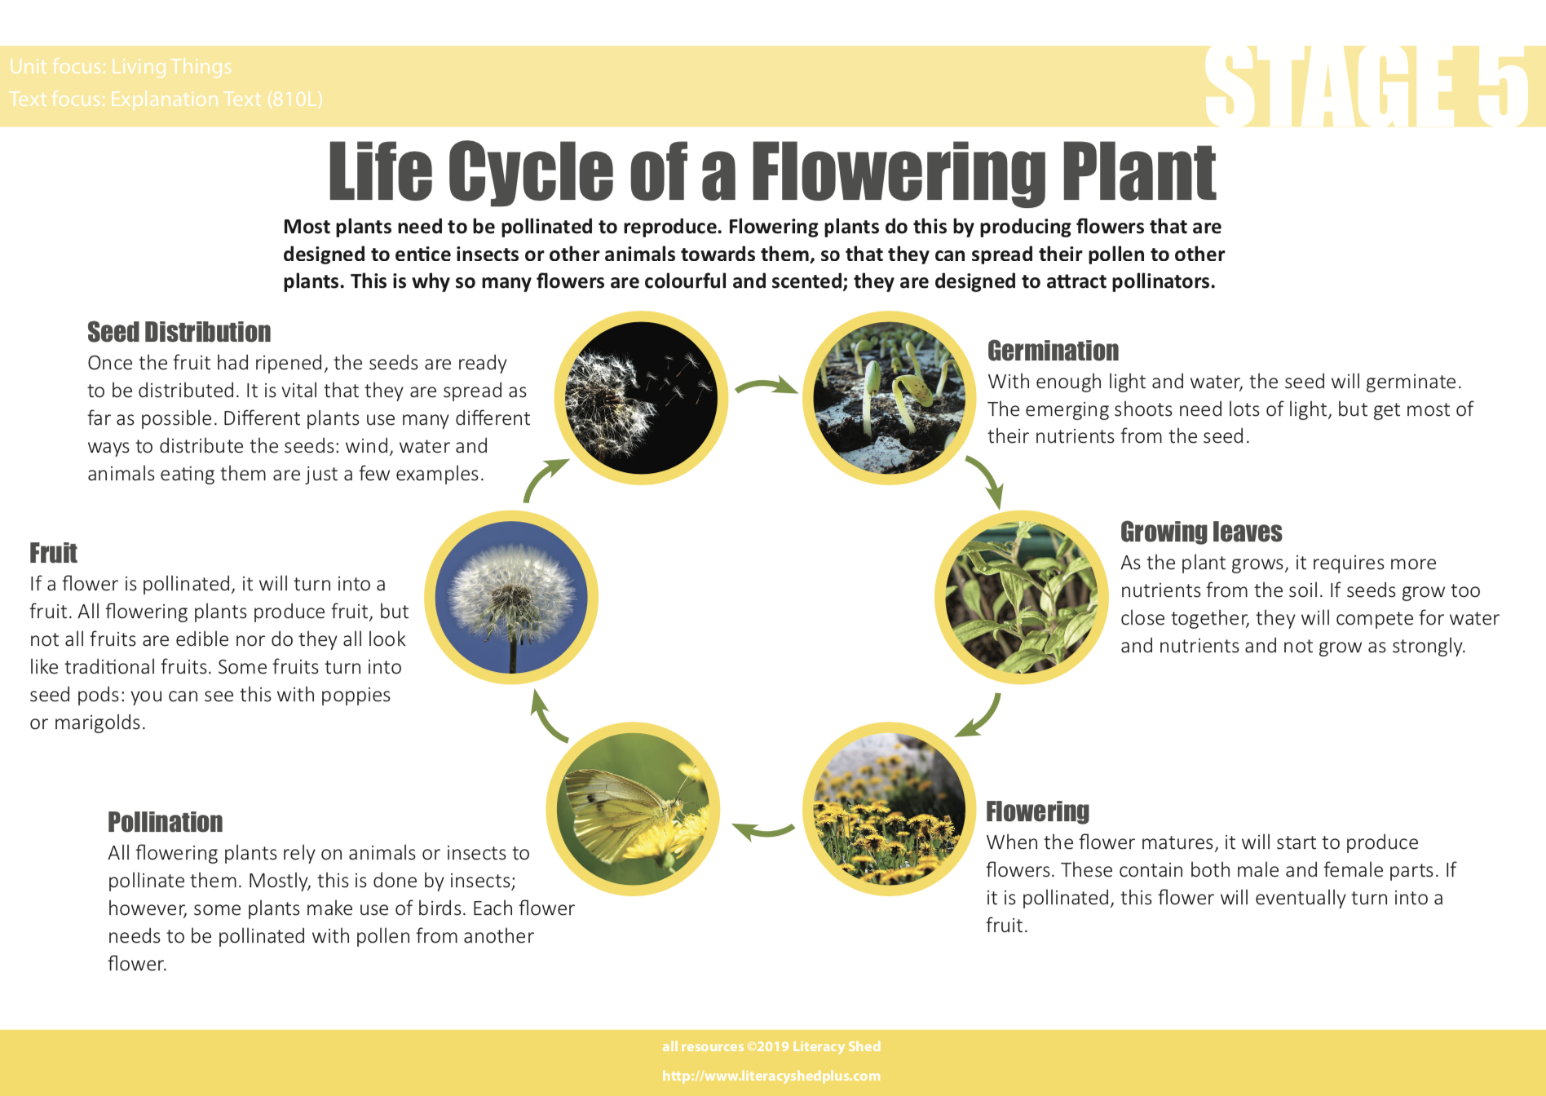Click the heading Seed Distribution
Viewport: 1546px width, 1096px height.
[179, 332]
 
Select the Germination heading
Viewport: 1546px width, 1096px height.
[1053, 351]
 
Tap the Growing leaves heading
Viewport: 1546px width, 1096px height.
[1201, 532]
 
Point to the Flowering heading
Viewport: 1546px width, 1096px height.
[1037, 811]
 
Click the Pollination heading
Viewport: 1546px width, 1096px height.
[166, 822]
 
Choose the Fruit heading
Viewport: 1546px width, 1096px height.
[53, 553]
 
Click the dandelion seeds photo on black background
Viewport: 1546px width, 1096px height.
[641, 398]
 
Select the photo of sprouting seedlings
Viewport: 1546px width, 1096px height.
[889, 398]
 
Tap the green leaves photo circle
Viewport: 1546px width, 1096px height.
[1021, 597]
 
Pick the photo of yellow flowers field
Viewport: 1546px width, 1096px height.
[889, 809]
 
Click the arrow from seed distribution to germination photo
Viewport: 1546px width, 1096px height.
[766, 384]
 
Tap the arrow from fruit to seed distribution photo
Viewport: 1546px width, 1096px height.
[542, 481]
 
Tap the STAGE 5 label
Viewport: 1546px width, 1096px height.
[1367, 86]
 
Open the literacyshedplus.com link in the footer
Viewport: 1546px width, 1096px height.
[771, 1076]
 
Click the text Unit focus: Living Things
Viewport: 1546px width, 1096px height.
[121, 66]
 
